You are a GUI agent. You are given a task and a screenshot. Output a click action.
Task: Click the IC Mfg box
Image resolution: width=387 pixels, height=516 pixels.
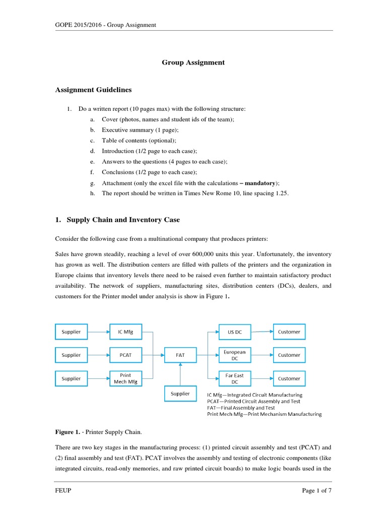(125, 332)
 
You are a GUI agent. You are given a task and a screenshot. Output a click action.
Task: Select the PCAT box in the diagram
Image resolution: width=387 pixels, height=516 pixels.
(125, 355)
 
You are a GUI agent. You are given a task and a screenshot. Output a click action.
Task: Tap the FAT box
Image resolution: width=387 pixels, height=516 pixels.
(180, 355)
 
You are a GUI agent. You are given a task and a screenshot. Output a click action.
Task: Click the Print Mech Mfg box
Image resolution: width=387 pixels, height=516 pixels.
(125, 378)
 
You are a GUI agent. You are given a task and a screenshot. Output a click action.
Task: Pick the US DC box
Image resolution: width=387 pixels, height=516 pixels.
(235, 332)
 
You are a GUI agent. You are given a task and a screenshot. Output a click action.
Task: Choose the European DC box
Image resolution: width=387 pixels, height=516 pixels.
(235, 355)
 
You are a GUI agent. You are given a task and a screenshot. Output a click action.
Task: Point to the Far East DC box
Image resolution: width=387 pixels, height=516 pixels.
(235, 378)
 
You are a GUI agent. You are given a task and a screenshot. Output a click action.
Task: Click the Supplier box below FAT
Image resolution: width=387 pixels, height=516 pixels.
(180, 393)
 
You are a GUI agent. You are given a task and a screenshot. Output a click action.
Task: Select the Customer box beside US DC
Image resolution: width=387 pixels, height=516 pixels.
(289, 332)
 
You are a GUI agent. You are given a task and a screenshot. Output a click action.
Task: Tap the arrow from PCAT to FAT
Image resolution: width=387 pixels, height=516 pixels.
(153, 355)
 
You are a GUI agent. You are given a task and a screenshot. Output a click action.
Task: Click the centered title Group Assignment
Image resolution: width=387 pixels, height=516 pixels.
(193, 62)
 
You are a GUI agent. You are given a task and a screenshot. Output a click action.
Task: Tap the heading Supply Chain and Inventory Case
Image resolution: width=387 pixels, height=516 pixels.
(123, 220)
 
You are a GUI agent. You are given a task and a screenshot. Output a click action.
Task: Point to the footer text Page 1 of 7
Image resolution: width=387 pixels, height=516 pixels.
(317, 492)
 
